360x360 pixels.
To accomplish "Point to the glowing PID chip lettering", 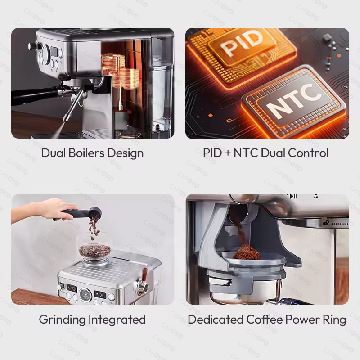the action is tap(242, 44).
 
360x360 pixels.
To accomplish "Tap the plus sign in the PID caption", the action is tap(228, 153).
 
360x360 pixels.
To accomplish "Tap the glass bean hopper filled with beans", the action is tap(94, 252).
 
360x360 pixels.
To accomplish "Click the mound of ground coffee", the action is tap(247, 252).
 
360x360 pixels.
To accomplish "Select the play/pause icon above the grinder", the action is tap(293, 196).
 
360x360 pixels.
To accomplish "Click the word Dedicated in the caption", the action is tap(216, 319).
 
